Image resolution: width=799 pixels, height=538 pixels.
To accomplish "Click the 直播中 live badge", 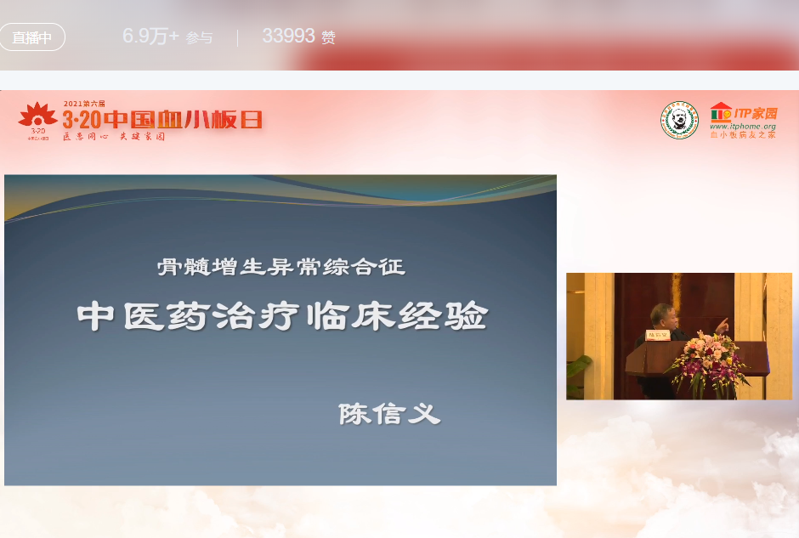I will (32, 37).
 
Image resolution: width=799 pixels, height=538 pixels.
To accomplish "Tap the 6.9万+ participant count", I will (150, 37).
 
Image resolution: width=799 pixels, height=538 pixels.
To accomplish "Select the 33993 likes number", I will (288, 37).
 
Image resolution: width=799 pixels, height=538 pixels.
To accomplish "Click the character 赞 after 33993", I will (329, 37).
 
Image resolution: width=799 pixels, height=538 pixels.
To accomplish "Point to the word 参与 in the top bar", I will (199, 38).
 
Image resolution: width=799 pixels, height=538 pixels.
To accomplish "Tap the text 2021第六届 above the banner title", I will (85, 104).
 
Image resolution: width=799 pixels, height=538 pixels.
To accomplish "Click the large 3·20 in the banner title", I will (82, 119).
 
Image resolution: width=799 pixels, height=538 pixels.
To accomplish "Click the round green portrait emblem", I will (679, 120).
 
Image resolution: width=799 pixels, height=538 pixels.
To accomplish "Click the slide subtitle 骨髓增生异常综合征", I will (280, 267).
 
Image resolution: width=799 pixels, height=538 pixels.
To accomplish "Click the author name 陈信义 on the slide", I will (389, 414).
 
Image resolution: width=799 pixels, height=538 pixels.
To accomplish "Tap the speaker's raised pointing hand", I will (722, 324).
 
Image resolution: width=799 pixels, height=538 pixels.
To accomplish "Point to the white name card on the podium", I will (659, 335).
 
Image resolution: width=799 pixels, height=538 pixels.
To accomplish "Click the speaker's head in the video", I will (660, 315).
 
